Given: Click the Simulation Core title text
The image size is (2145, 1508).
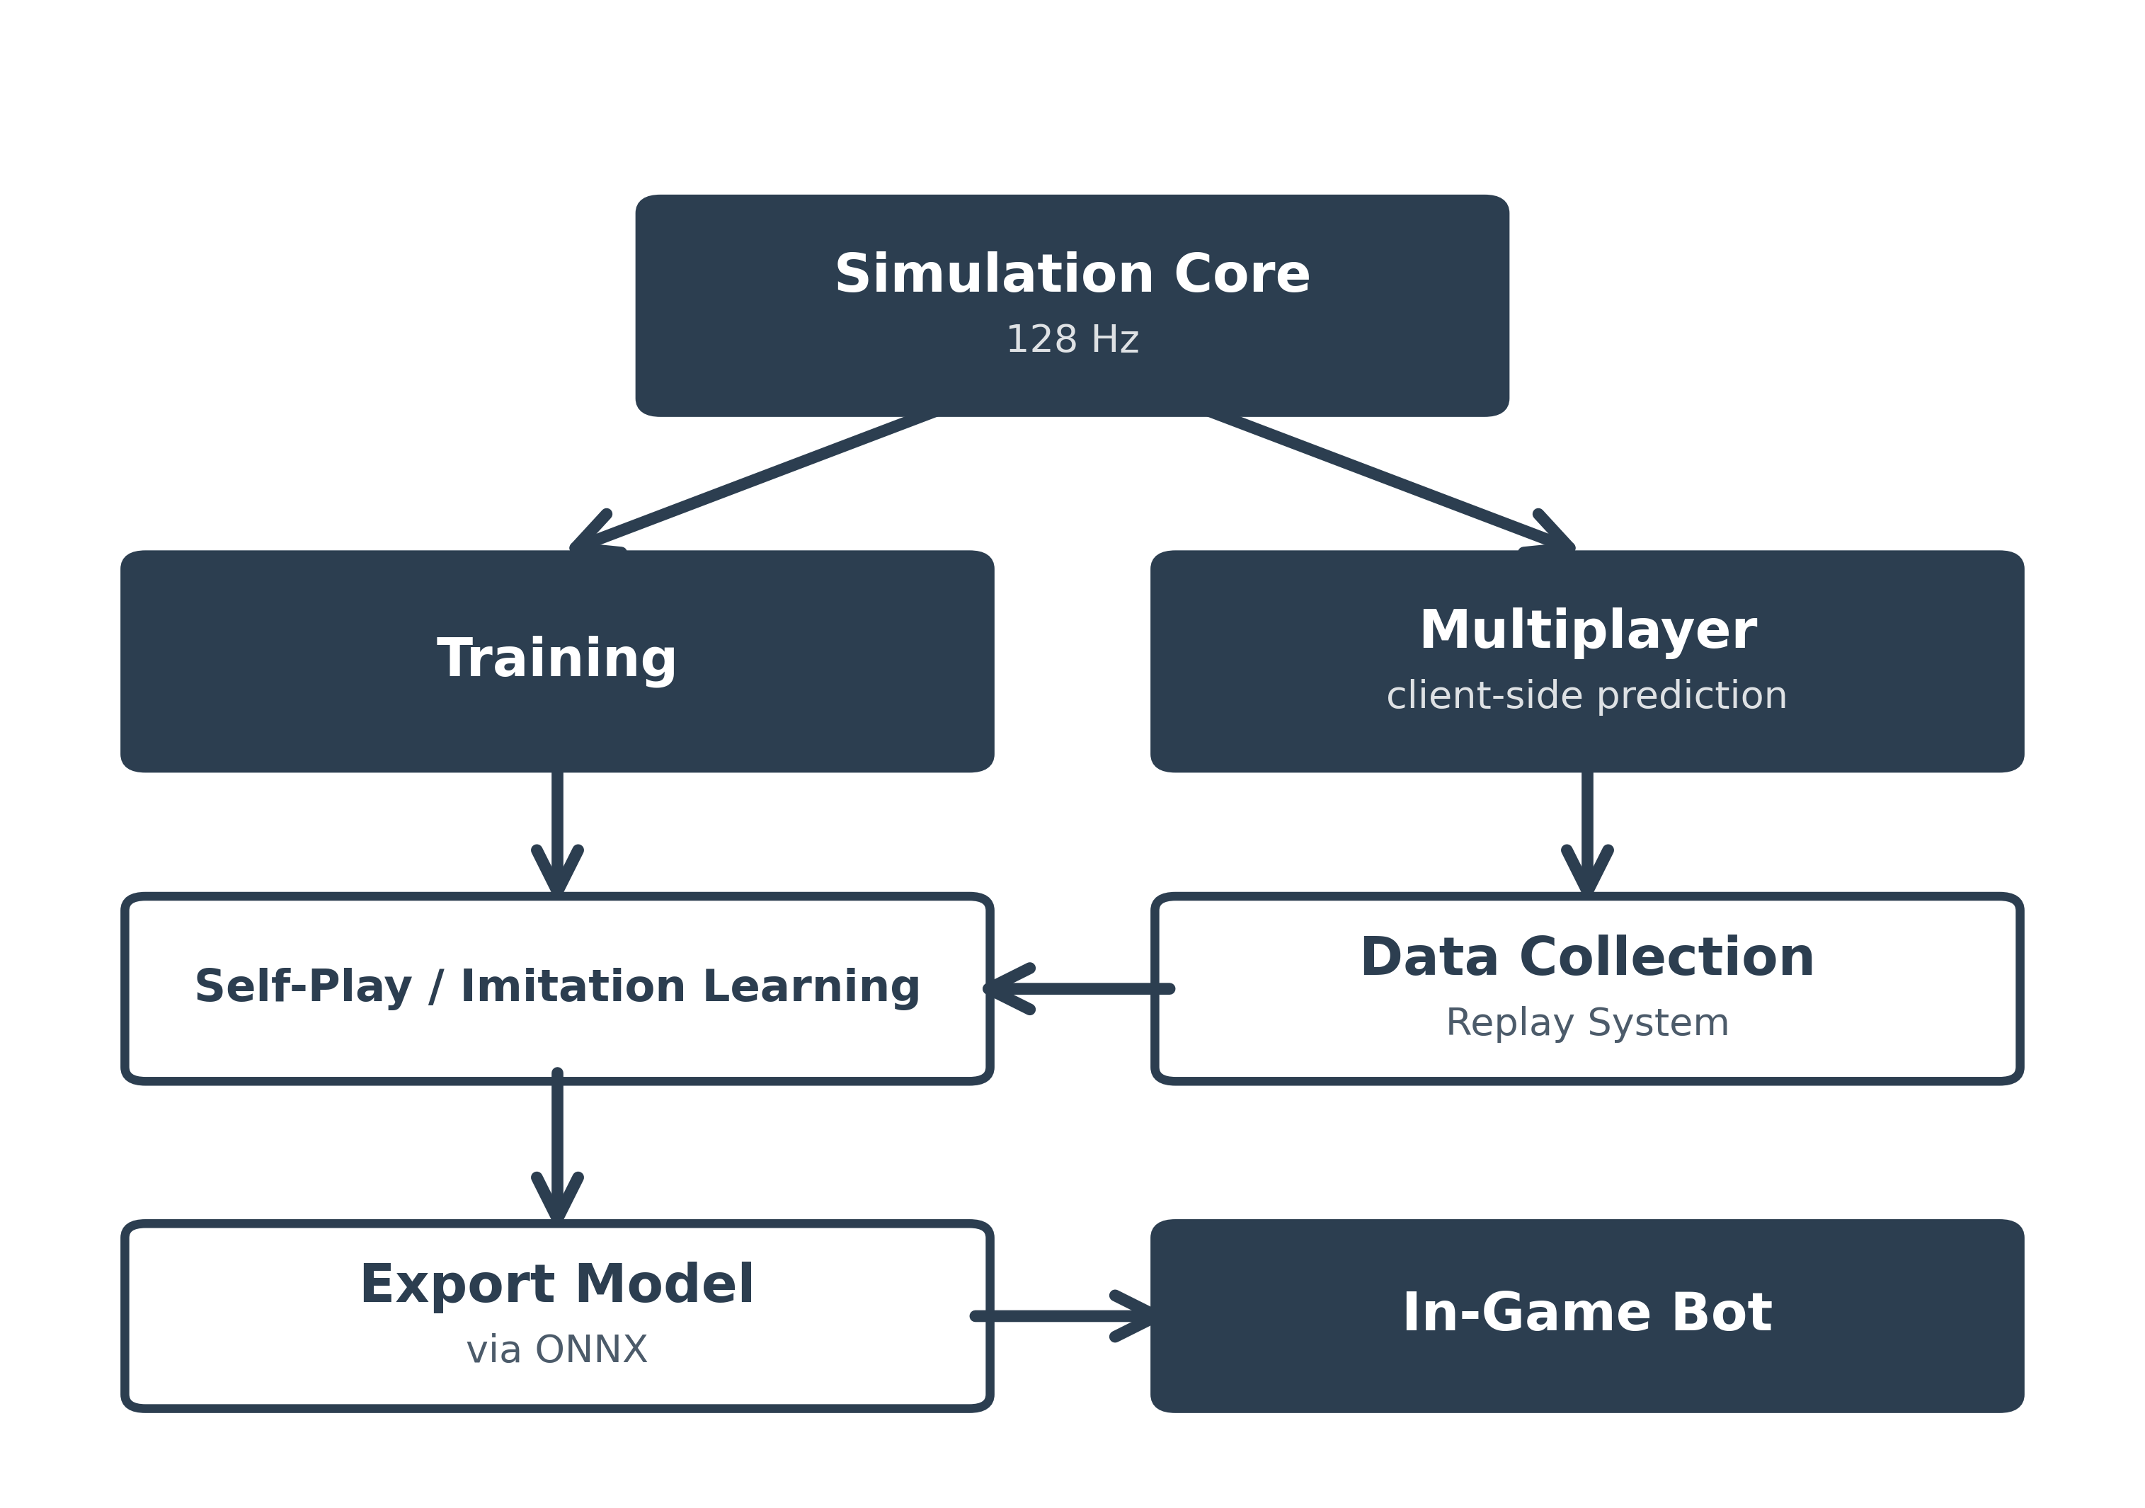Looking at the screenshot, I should point(1072,275).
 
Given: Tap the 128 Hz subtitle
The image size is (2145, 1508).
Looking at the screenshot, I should point(1072,339).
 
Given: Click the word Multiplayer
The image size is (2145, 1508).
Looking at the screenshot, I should point(1587,631).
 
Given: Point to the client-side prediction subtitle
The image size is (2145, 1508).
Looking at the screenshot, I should point(1586,696).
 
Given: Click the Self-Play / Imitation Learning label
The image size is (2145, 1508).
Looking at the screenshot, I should point(557,988).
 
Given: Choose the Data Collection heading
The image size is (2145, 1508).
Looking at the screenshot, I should point(1586,958).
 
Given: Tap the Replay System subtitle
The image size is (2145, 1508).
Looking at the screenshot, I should point(1586,1023).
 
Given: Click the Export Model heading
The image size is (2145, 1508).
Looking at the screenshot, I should point(557,1285).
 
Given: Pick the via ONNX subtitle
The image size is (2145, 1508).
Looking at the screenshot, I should point(557,1350).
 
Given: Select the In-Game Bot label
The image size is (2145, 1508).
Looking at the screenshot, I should point(1586,1313).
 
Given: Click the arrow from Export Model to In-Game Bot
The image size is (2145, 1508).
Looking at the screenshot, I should point(1065,1316).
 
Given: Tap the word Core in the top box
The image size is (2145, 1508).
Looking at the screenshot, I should point(1242,275).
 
